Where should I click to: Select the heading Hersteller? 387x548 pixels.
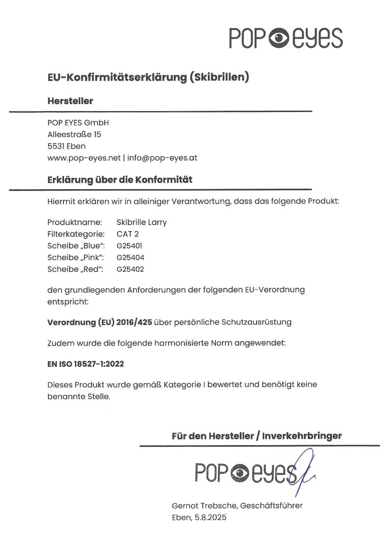point(70,101)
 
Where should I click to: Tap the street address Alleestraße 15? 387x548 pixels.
point(74,134)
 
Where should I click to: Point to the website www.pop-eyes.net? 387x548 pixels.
point(84,158)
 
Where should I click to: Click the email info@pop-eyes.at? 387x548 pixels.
point(162,158)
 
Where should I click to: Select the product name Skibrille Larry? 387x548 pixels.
point(141,222)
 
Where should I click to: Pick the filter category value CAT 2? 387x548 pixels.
point(128,234)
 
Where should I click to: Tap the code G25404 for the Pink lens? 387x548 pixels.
point(130,257)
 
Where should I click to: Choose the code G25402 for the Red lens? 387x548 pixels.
point(130,269)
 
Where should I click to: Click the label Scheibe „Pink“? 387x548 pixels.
point(76,257)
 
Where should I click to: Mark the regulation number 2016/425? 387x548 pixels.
point(135,322)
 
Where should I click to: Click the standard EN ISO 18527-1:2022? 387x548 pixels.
point(85,364)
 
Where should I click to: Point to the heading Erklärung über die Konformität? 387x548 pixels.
point(120,180)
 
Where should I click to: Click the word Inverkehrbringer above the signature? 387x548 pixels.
point(302,436)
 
